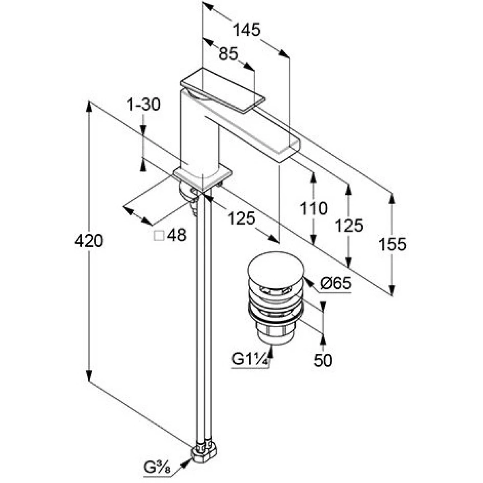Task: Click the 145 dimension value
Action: coord(247,30)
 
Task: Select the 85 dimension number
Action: coord(228,54)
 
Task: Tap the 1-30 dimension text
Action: coord(144,104)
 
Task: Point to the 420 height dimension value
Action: coord(89,241)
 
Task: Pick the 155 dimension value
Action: coord(392,244)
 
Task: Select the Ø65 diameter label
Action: coord(336,283)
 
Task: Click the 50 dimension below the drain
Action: coord(323,360)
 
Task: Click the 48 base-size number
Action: coord(177,235)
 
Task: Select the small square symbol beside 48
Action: coord(159,235)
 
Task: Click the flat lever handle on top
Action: coord(223,90)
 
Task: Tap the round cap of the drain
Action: coord(276,266)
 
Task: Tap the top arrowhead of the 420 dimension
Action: coord(89,107)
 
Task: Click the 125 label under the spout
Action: coord(242,218)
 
